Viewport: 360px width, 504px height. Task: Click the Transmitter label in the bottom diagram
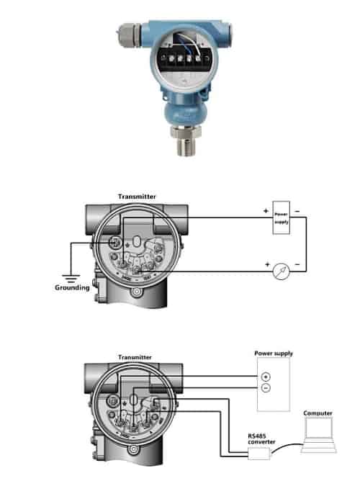(135, 356)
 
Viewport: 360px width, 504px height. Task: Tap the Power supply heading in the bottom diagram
(274, 354)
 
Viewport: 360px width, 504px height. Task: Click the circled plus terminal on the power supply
(266, 377)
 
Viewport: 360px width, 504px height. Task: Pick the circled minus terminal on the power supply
(266, 389)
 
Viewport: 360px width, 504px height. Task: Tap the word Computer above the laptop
(318, 413)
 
